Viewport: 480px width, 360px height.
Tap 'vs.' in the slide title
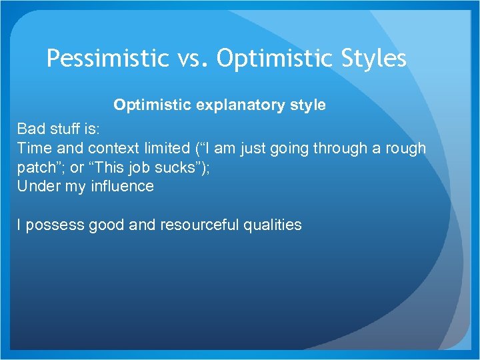(x=193, y=59)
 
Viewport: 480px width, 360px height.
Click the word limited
(x=165, y=148)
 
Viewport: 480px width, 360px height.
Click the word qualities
(x=275, y=225)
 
